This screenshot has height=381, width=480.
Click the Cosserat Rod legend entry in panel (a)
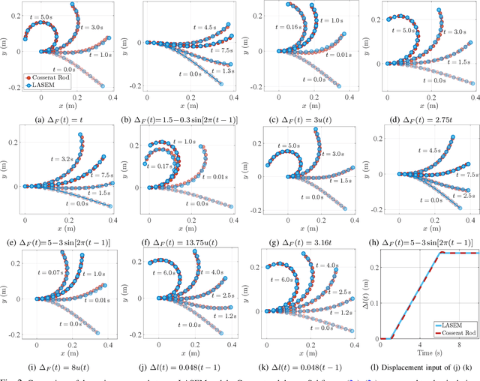pyautogui.click(x=55, y=76)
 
